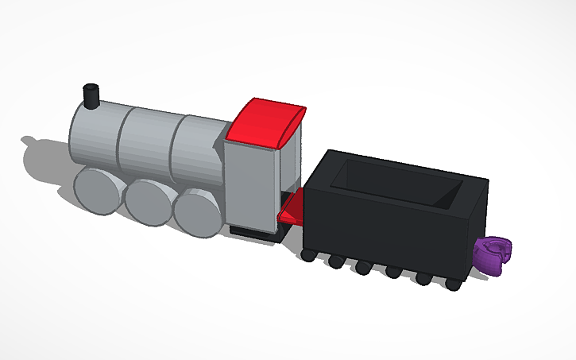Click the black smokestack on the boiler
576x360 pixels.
click(91, 97)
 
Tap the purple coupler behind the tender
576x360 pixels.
click(493, 256)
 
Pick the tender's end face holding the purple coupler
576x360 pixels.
click(474, 230)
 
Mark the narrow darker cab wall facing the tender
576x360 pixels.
click(291, 167)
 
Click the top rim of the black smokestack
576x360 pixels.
click(91, 87)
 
